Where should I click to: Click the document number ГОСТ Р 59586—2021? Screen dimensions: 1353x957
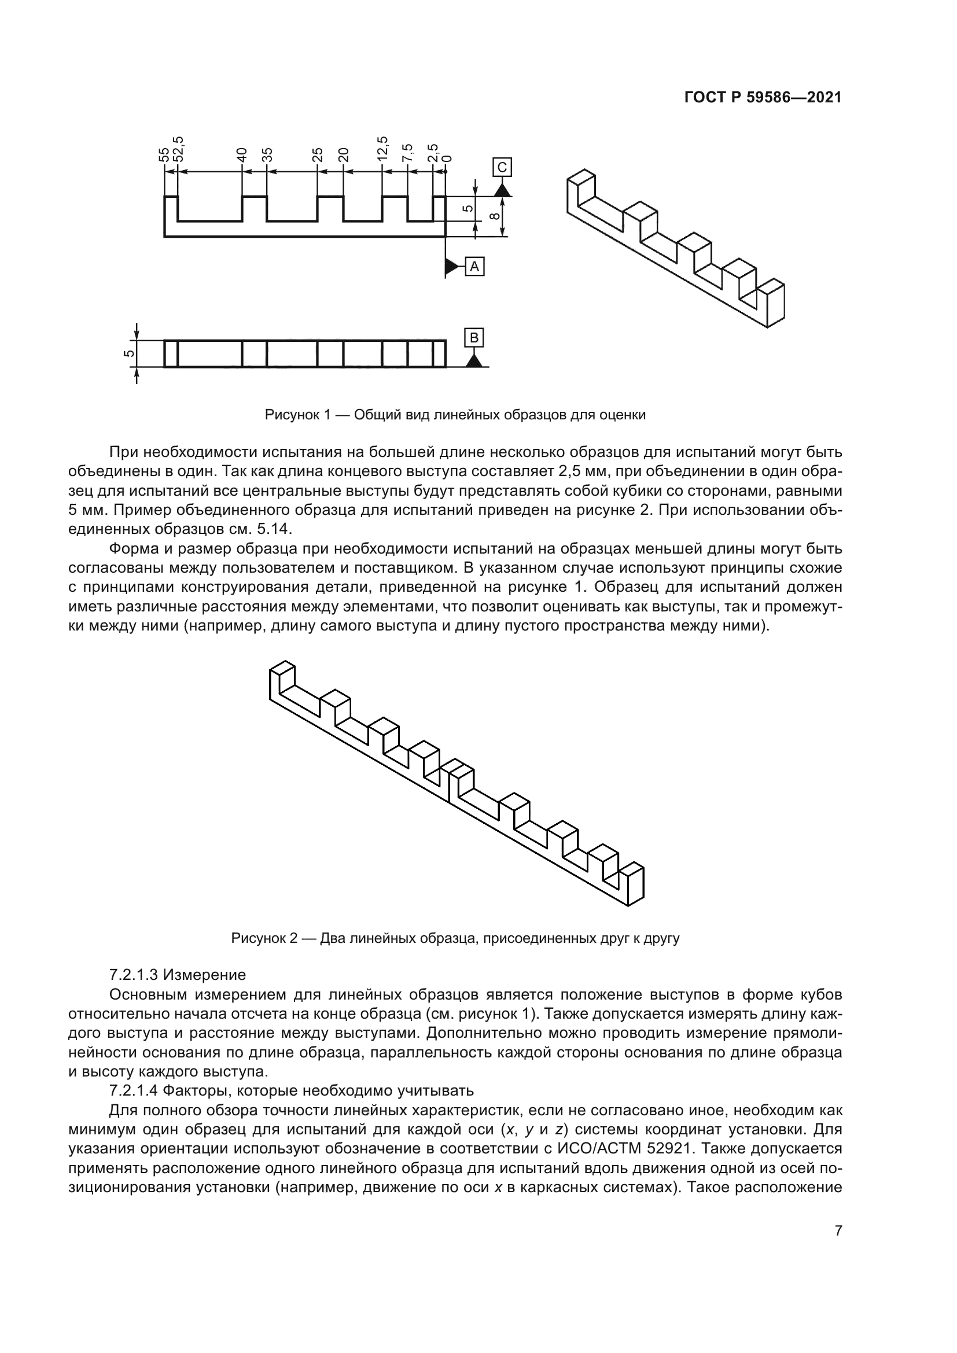[763, 98]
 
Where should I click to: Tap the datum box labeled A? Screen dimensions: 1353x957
[475, 267]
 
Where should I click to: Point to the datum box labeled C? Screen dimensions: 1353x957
[502, 167]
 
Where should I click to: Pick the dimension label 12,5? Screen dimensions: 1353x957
[382, 149]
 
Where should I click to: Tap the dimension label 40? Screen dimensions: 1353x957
[241, 154]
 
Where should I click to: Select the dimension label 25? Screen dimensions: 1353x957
[318, 154]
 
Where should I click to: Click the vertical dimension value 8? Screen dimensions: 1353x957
[496, 216]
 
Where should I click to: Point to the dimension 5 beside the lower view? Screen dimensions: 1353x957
[128, 353]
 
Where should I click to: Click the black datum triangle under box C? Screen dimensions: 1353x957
[502, 190]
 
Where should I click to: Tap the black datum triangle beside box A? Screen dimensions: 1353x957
[453, 267]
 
